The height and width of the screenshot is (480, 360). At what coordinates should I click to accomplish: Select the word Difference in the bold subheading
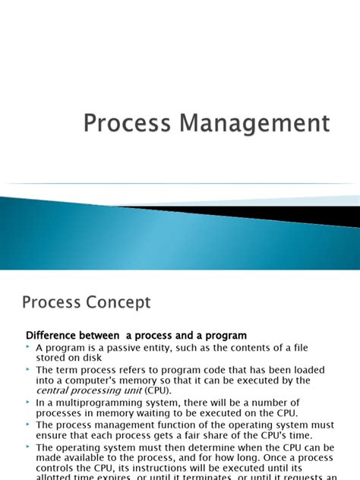57,335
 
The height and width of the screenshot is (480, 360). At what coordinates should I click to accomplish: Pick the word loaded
304,370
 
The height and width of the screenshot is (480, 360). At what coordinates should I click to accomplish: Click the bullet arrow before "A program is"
29,347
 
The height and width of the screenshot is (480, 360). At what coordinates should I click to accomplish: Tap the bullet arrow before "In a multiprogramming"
29,403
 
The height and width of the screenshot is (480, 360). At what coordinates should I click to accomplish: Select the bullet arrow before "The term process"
29,370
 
